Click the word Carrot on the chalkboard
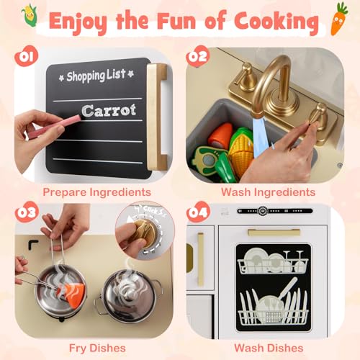click(x=109, y=111)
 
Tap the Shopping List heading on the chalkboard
click(x=96, y=76)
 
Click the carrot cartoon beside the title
click(x=339, y=19)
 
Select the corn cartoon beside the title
click(x=30, y=15)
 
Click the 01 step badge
click(x=26, y=56)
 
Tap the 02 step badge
click(x=197, y=56)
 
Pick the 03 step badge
click(x=27, y=212)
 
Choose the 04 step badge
click(x=198, y=212)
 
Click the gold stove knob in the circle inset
click(x=144, y=234)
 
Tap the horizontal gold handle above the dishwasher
click(x=274, y=233)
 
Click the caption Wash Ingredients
click(x=268, y=192)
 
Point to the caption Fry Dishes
click(x=97, y=348)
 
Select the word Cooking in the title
click(x=276, y=22)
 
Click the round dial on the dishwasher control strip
click(x=263, y=211)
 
